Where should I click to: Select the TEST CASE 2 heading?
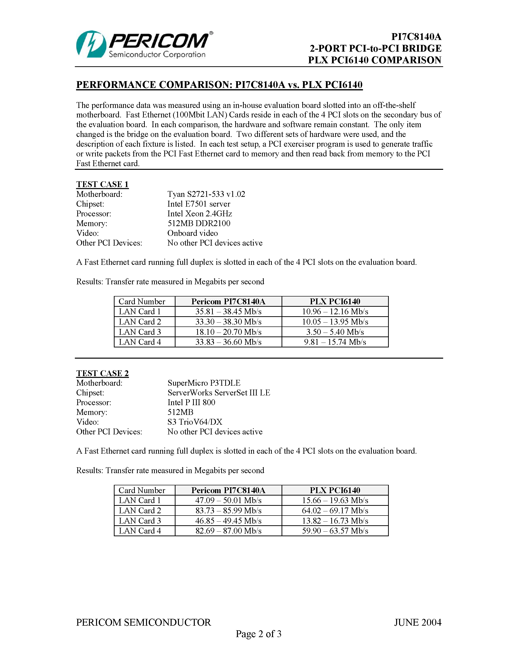coord(102,373)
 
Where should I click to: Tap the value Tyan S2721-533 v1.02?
coord(206,194)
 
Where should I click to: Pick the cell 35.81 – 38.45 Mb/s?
coord(228,312)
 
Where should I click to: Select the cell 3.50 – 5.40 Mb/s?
coord(335,332)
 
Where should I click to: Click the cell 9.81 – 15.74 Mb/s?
coord(335,342)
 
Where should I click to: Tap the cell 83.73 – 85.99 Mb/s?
coord(228,510)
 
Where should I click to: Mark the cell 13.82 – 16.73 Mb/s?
coord(335,521)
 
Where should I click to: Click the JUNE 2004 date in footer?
coord(418,622)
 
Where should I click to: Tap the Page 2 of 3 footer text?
coord(258,634)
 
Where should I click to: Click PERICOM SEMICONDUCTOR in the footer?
coord(144,622)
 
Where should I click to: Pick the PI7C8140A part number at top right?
coord(416,37)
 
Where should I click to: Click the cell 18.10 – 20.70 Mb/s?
coord(228,332)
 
